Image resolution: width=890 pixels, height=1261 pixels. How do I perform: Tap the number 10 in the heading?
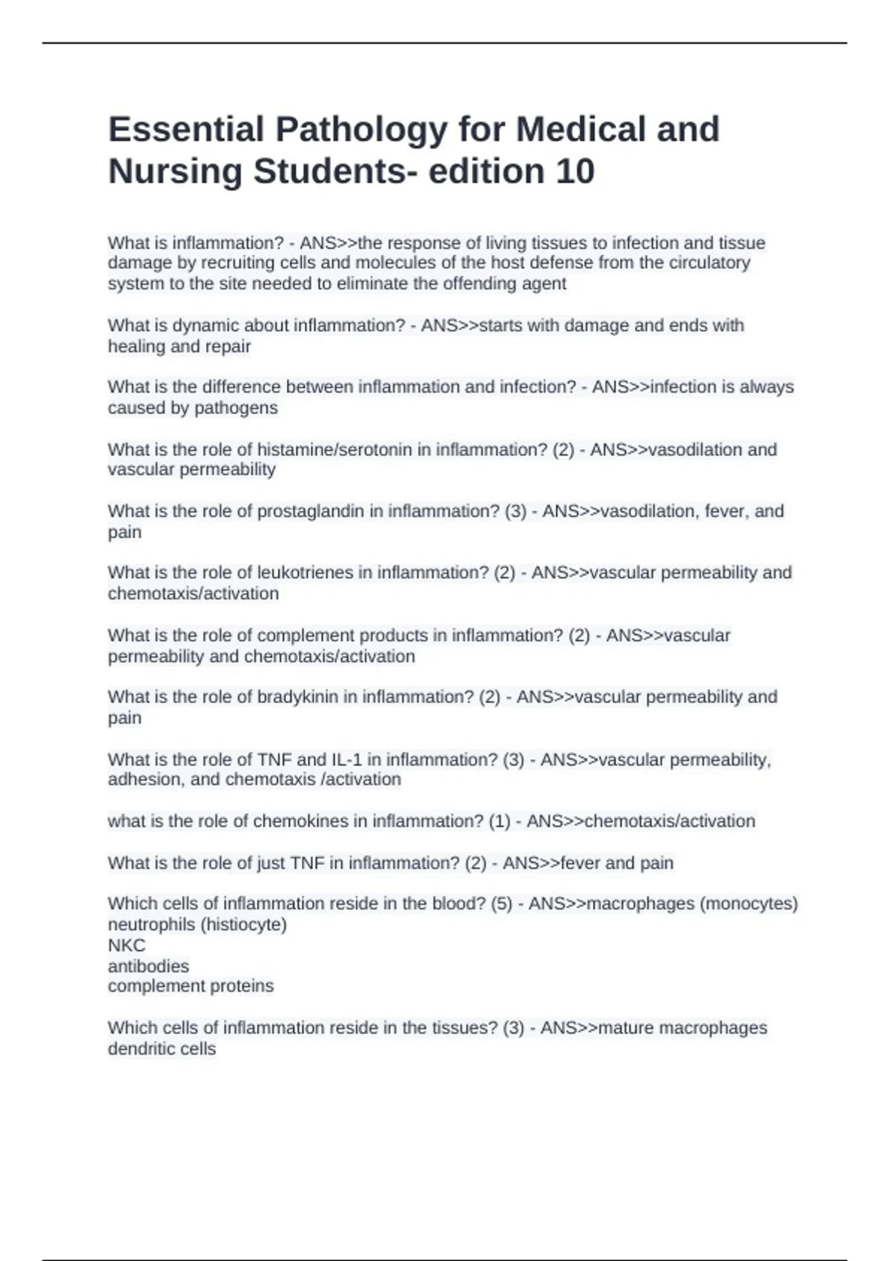tap(574, 171)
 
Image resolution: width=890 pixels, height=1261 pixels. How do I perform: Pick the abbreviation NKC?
tap(126, 945)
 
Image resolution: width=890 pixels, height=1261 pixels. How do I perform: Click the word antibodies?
tap(148, 966)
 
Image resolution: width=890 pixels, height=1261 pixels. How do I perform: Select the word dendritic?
tap(134, 1049)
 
